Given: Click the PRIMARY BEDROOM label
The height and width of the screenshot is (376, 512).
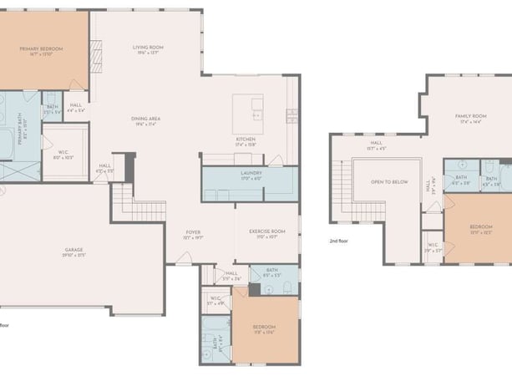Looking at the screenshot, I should pyautogui.click(x=42, y=49).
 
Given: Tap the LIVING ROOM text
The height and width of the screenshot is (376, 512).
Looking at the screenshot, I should pyautogui.click(x=148, y=48).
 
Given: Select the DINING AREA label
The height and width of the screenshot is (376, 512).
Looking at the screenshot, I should pyautogui.click(x=145, y=119).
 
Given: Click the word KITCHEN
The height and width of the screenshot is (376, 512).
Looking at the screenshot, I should pyautogui.click(x=245, y=139).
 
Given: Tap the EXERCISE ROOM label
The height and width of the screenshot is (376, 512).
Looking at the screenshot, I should pyautogui.click(x=267, y=231).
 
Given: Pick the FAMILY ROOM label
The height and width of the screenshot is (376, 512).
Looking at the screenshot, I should pyautogui.click(x=470, y=116).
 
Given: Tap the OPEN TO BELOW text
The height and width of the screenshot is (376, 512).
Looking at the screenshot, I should pyautogui.click(x=383, y=180).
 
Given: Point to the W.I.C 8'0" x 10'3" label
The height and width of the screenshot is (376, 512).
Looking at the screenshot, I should pyautogui.click(x=64, y=152).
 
